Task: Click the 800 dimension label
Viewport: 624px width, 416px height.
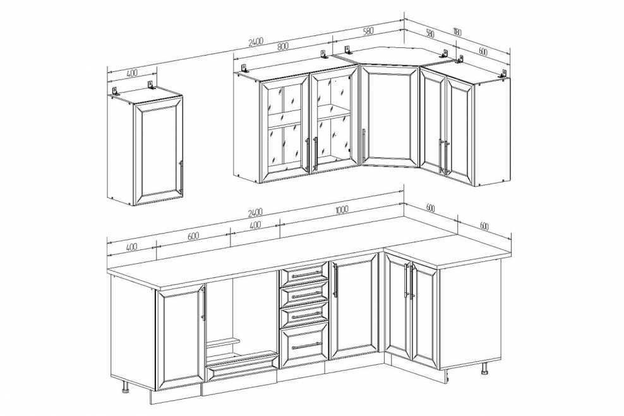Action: coord(282,45)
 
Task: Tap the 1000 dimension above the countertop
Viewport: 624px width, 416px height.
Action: coord(342,210)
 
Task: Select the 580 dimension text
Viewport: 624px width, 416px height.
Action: coord(368,31)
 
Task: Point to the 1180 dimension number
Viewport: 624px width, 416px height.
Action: coord(456,32)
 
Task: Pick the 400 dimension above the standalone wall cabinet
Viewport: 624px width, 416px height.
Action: coord(132,73)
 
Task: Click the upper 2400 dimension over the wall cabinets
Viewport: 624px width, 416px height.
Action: coord(256,42)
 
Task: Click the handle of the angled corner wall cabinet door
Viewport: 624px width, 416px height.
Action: coord(363,145)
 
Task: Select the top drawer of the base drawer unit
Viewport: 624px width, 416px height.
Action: coord(304,275)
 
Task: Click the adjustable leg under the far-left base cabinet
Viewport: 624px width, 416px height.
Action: coord(126,386)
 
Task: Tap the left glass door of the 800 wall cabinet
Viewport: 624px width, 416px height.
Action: coord(284,128)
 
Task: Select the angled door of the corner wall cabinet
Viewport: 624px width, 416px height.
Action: coord(390,116)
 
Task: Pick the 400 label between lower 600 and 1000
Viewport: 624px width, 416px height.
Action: coord(255,225)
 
